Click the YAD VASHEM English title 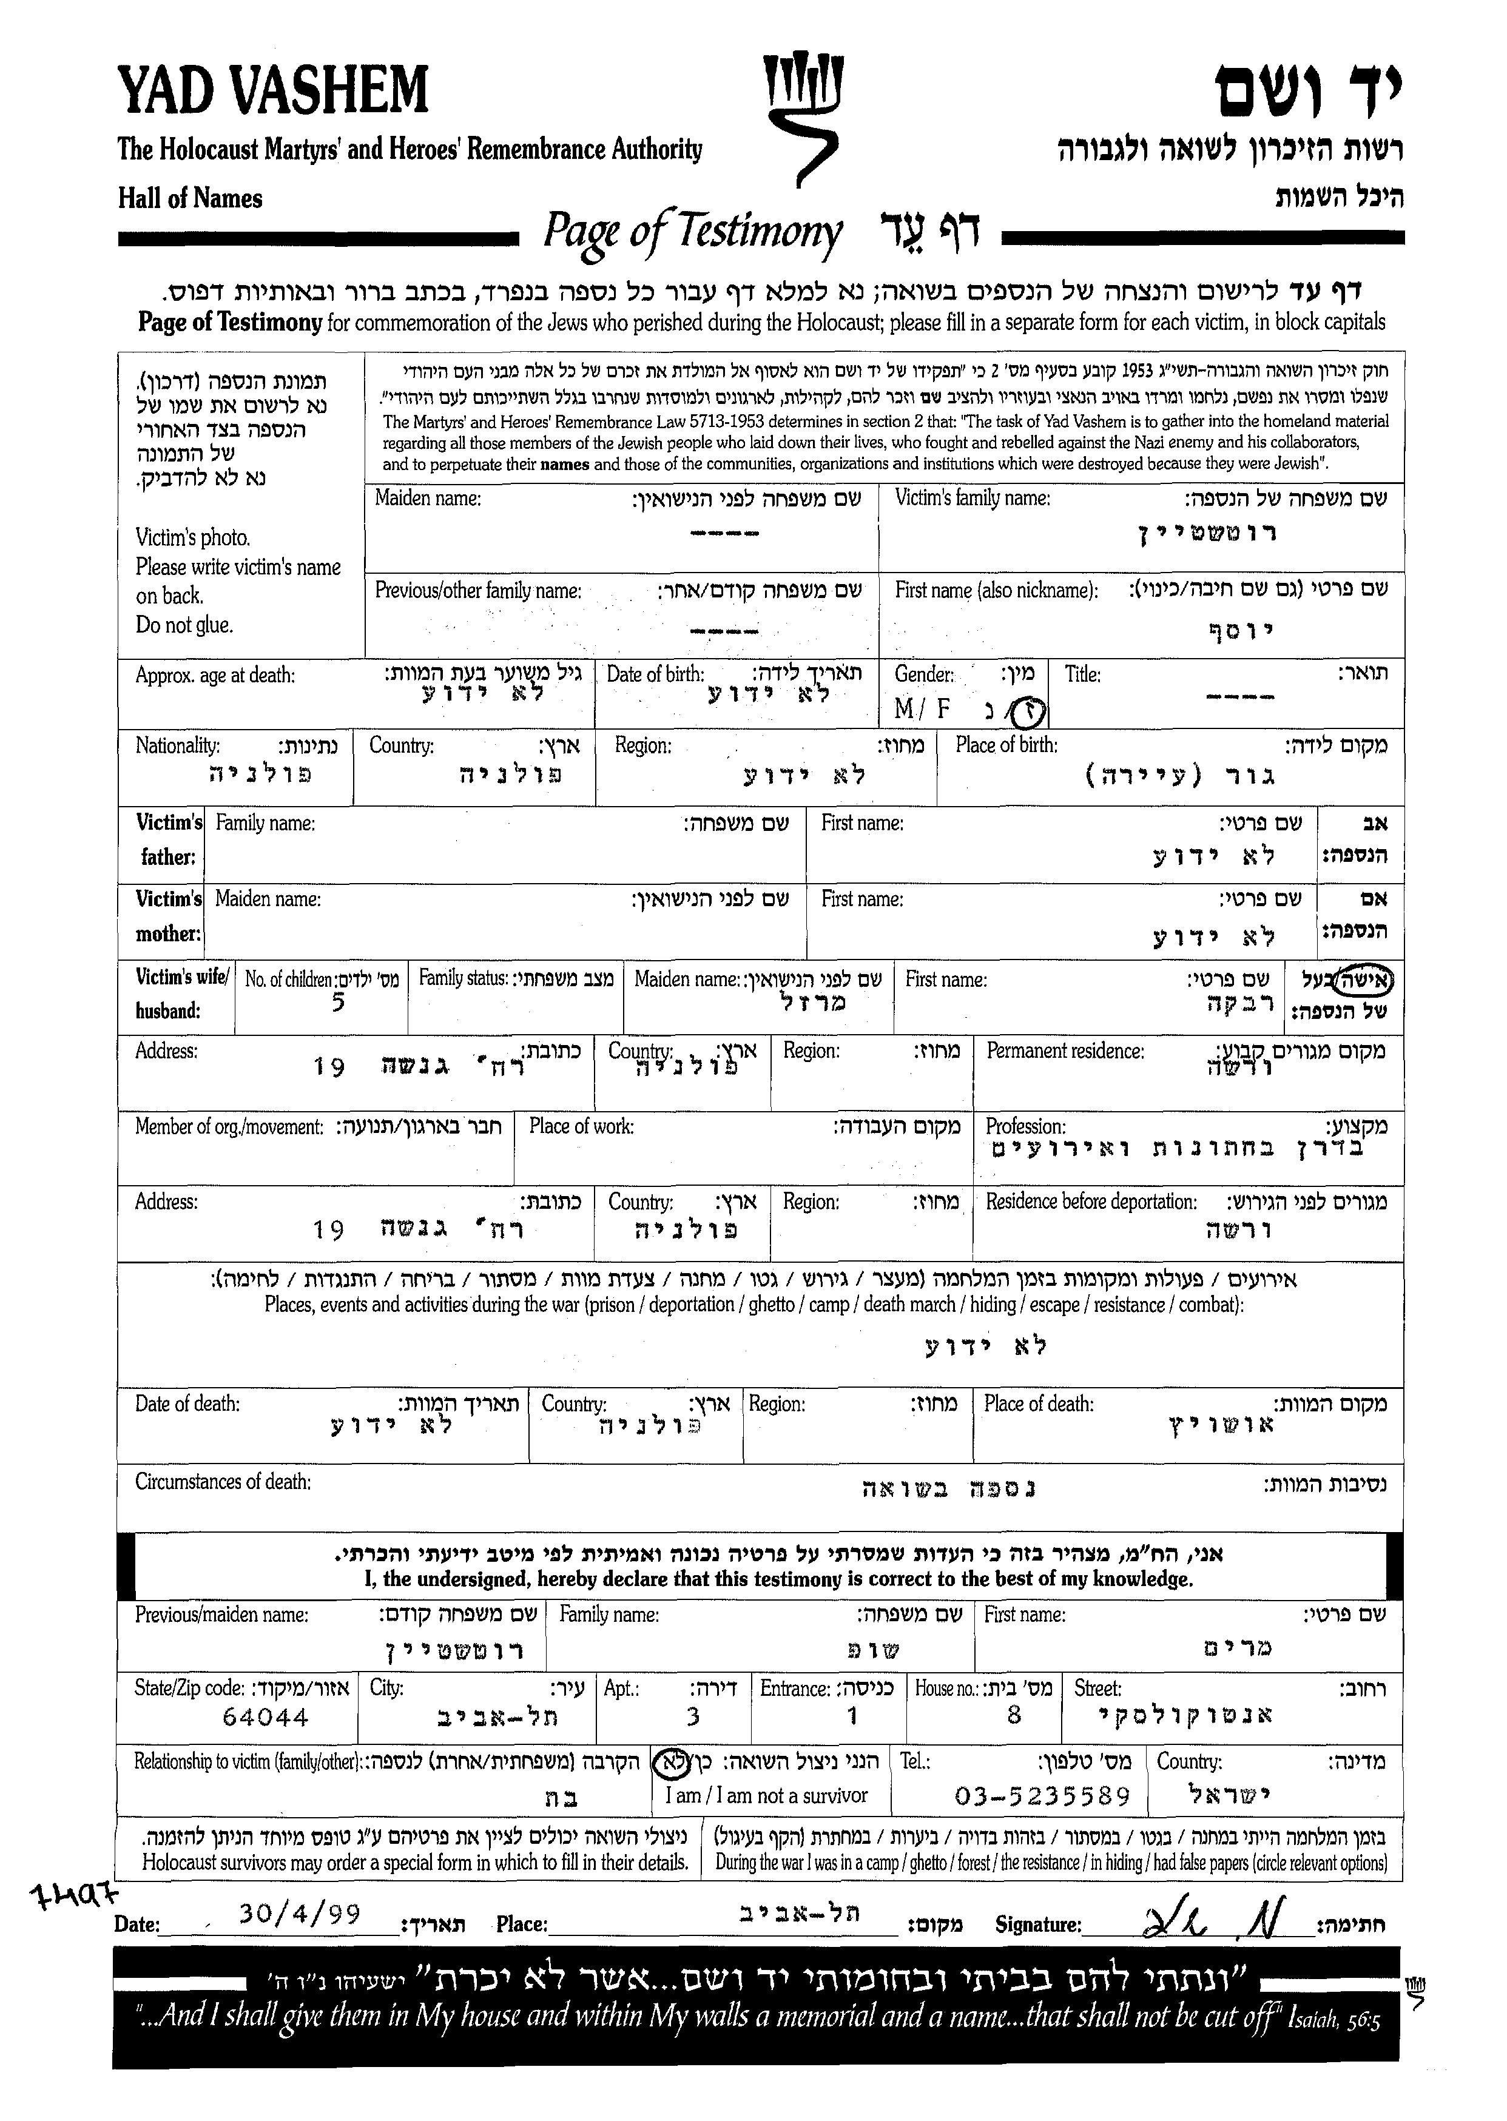pos(273,91)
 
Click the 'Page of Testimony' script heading pos(692,231)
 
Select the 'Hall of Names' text pos(190,198)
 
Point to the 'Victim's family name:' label pos(973,498)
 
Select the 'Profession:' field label pos(1025,1126)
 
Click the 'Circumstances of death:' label pos(223,1482)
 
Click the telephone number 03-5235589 pos(1042,1797)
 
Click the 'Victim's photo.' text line pos(193,538)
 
